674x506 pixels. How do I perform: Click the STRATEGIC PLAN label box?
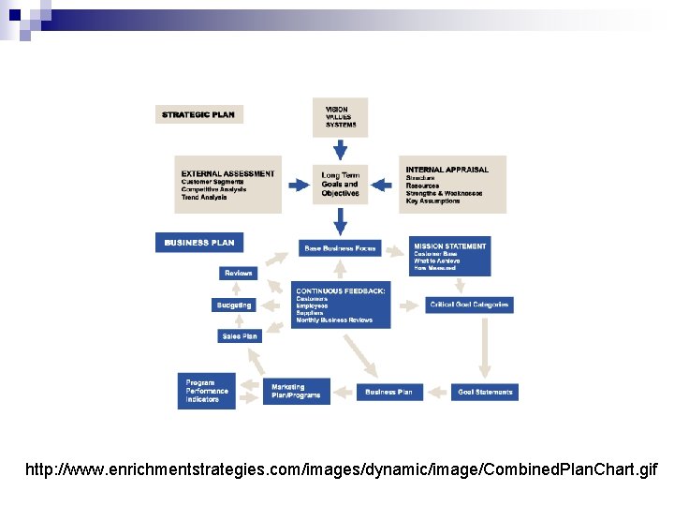(x=199, y=114)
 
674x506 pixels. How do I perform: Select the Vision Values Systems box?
(x=340, y=117)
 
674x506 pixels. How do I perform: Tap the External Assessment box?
(x=227, y=185)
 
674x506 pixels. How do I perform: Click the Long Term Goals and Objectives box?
(x=340, y=185)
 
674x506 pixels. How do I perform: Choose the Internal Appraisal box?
(x=452, y=185)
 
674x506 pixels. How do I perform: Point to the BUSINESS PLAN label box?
(x=199, y=243)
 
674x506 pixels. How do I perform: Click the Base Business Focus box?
(x=340, y=248)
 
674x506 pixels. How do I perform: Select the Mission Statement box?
(x=449, y=257)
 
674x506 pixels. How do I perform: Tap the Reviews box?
(x=239, y=274)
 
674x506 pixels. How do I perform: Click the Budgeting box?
(x=234, y=305)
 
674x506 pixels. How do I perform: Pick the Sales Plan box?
(x=239, y=335)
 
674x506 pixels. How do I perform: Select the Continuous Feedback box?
(x=340, y=305)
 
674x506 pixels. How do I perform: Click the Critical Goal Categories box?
(x=469, y=305)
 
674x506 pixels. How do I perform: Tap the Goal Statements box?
(x=486, y=392)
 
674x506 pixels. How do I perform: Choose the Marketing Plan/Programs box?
(x=296, y=391)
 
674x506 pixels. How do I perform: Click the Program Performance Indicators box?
(x=207, y=391)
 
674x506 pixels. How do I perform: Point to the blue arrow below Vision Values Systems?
(x=340, y=149)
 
